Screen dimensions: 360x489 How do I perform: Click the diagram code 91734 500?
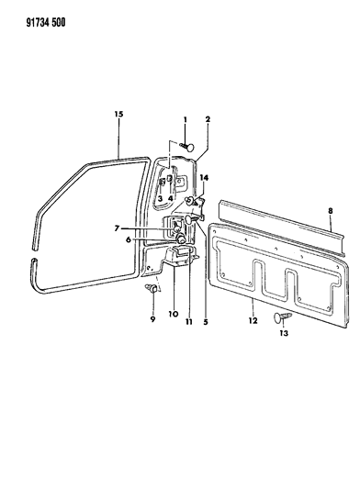pos(46,23)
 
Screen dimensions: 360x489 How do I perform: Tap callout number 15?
pos(118,114)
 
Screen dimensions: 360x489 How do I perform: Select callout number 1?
pos(185,119)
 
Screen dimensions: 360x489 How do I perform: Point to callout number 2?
pos(208,119)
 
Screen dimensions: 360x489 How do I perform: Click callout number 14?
pos(204,177)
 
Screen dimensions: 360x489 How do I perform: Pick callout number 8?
pos(331,211)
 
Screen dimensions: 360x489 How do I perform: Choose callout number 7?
pos(117,228)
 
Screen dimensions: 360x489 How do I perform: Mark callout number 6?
pos(128,239)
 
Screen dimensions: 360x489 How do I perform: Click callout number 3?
pos(160,198)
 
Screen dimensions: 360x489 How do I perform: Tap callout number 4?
pos(170,198)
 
